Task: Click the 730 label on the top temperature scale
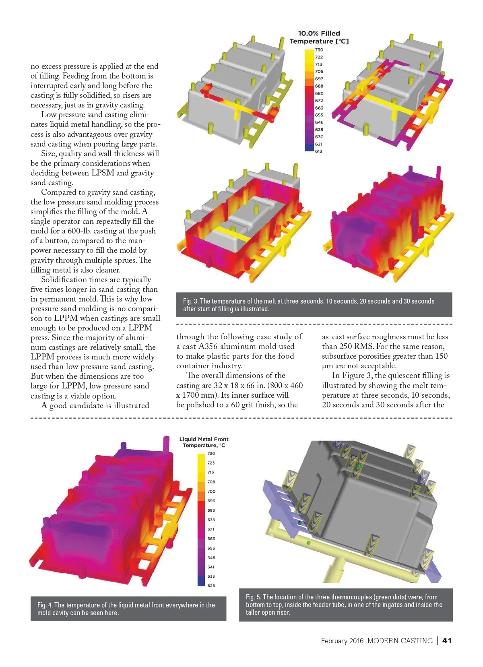tap(319, 50)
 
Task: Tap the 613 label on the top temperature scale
tap(319, 151)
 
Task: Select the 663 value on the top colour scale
tap(319, 108)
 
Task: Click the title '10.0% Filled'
tap(319, 33)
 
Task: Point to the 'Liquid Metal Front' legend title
tap(204, 439)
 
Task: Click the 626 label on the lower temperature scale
tap(211, 586)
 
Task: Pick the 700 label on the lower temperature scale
tap(211, 491)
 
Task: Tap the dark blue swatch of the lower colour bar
tap(201, 581)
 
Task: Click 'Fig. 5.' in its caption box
tap(254, 597)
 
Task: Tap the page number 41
tap(447, 641)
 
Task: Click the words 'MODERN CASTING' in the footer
tap(400, 641)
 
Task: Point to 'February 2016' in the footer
tap(342, 641)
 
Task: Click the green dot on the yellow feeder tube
tap(309, 543)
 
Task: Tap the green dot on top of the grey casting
tap(359, 466)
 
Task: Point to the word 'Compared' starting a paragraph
tap(58, 192)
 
